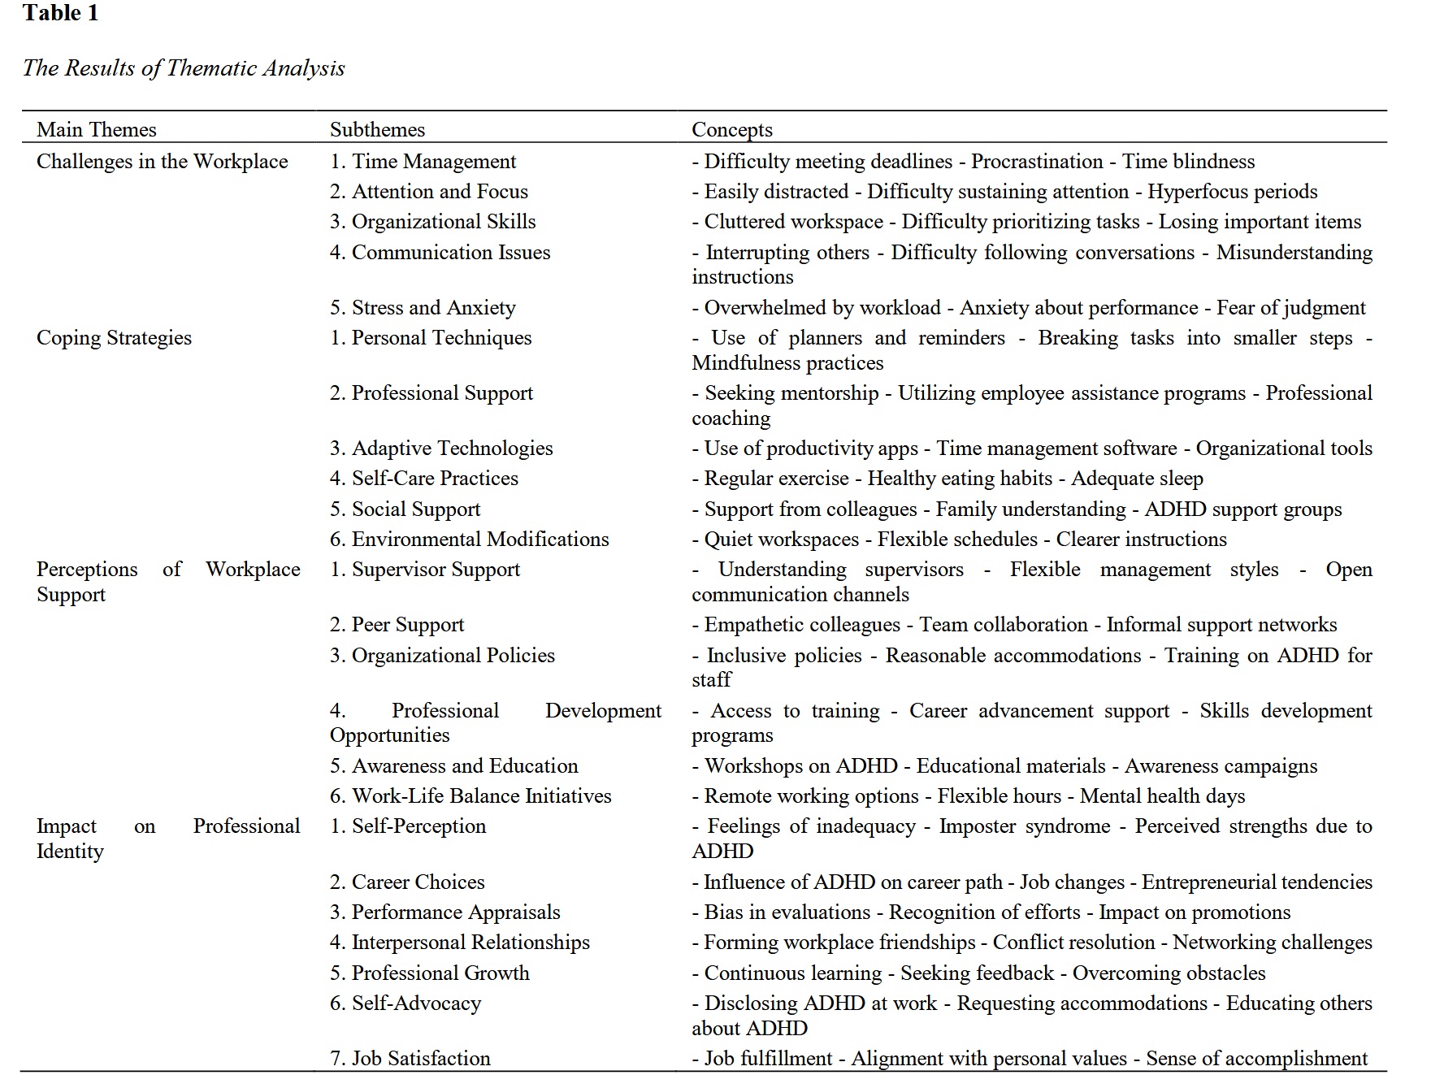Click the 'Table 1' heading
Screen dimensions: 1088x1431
pos(61,14)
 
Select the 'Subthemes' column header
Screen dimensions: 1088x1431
pos(377,130)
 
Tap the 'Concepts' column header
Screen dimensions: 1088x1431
pos(731,130)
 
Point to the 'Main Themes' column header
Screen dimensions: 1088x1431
pos(96,130)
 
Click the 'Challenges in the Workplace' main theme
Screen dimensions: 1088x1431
pos(162,162)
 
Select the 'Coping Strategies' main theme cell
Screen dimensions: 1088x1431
pos(114,338)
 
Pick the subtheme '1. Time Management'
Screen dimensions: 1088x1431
pos(423,162)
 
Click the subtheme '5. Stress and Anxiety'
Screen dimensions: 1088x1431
pos(423,308)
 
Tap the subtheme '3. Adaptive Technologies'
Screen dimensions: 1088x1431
pos(441,449)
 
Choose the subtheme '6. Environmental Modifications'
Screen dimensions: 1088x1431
pos(469,540)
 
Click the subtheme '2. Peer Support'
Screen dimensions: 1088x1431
pos(397,625)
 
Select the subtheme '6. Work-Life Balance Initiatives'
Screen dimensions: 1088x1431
pos(470,796)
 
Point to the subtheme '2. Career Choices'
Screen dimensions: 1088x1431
pos(406,882)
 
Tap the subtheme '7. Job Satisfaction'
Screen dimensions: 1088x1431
pos(410,1059)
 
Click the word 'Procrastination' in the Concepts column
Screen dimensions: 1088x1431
pos(1037,162)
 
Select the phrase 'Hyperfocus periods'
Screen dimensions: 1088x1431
pos(1232,192)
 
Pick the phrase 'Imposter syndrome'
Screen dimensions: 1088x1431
pos(1025,826)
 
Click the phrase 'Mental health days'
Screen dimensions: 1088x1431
pos(1162,796)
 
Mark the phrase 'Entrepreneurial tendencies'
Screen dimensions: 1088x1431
pos(1256,882)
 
